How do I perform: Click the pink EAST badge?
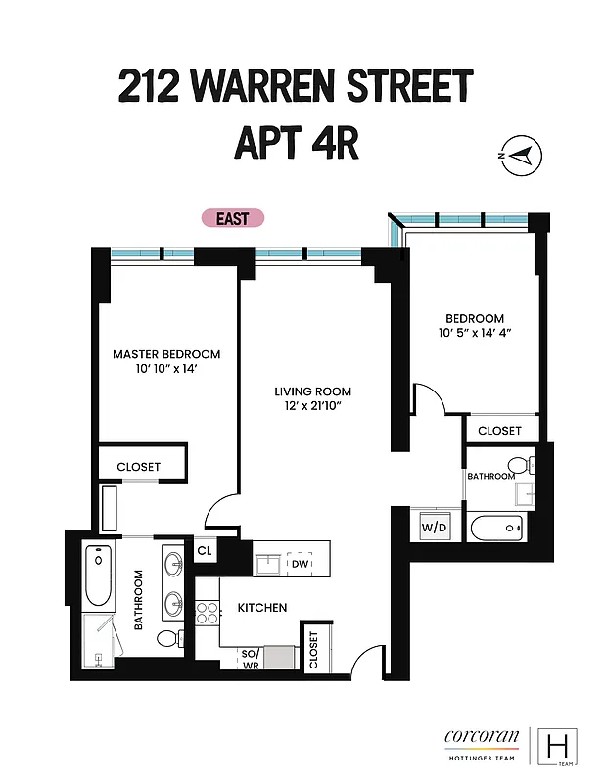coord(233,219)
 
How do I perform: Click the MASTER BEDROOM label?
coord(165,354)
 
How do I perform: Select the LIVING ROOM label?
coord(311,391)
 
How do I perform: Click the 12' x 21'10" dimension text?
coord(311,405)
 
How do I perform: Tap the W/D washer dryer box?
coord(433,528)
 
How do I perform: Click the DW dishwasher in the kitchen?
coord(300,564)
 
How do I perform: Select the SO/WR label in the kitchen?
coord(250,658)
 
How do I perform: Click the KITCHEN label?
coord(262,608)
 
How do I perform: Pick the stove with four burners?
coord(207,613)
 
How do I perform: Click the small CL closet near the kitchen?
coord(205,551)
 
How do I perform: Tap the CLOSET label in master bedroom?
coord(138,467)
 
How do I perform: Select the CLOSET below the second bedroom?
coord(499,430)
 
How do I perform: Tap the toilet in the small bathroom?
coord(514,464)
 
